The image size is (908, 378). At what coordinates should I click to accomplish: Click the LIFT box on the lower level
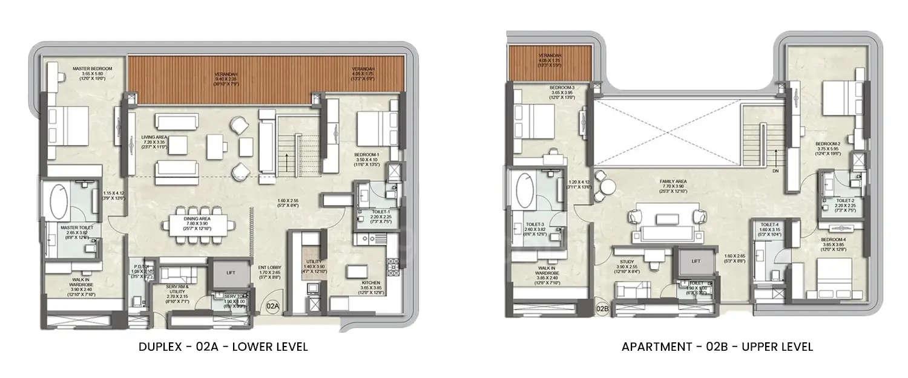(x=231, y=273)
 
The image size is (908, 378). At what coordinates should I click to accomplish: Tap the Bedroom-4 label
(x=834, y=240)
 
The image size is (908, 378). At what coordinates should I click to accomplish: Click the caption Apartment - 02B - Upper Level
(x=717, y=347)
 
